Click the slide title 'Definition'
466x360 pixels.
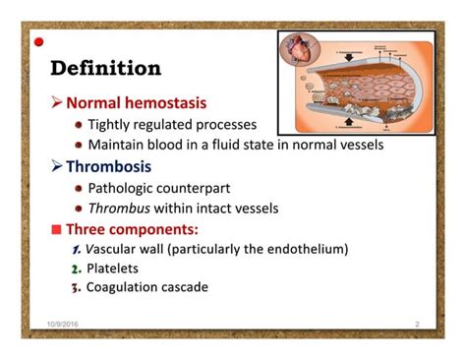105,69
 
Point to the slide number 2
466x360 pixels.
417,324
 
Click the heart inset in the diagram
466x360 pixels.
299,53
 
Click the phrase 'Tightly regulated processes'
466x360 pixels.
172,125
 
